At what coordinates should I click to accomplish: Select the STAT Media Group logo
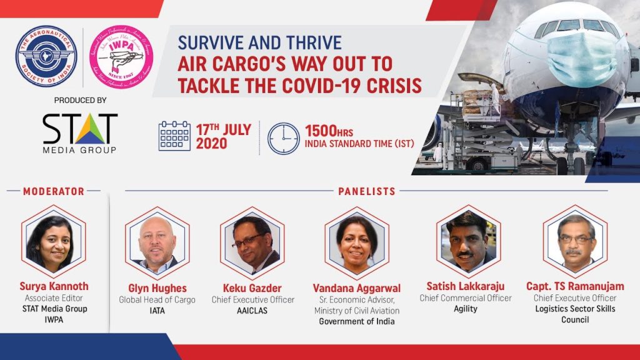[79, 133]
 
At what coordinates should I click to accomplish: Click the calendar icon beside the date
[174, 136]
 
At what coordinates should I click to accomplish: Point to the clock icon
[283, 137]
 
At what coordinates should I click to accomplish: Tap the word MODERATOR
[54, 191]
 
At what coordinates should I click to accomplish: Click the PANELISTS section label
[367, 191]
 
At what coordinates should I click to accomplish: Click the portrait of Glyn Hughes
[157, 242]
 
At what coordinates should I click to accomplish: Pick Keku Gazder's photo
[252, 242]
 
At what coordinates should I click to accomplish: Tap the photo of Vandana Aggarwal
[357, 242]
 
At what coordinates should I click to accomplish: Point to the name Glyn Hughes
[157, 287]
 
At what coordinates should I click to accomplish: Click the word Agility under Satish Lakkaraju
[465, 309]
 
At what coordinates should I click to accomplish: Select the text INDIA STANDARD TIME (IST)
[359, 144]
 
